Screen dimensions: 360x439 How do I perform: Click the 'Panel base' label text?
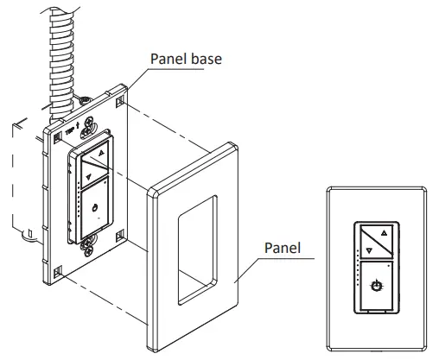pyautogui.click(x=185, y=60)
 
